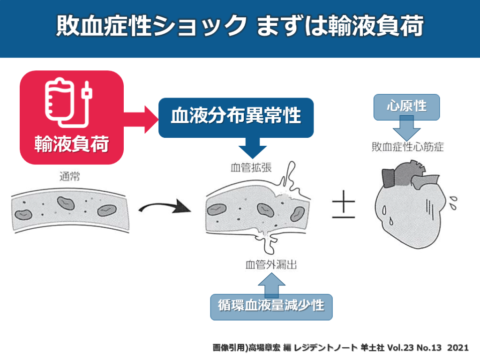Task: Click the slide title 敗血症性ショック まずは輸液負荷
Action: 240,27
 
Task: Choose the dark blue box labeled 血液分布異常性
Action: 236,117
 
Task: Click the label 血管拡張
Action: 251,167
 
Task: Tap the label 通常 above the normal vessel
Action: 69,177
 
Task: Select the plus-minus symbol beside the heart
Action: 344,206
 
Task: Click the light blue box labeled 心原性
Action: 406,106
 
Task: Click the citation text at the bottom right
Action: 340,348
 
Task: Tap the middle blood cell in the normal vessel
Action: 66,203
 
